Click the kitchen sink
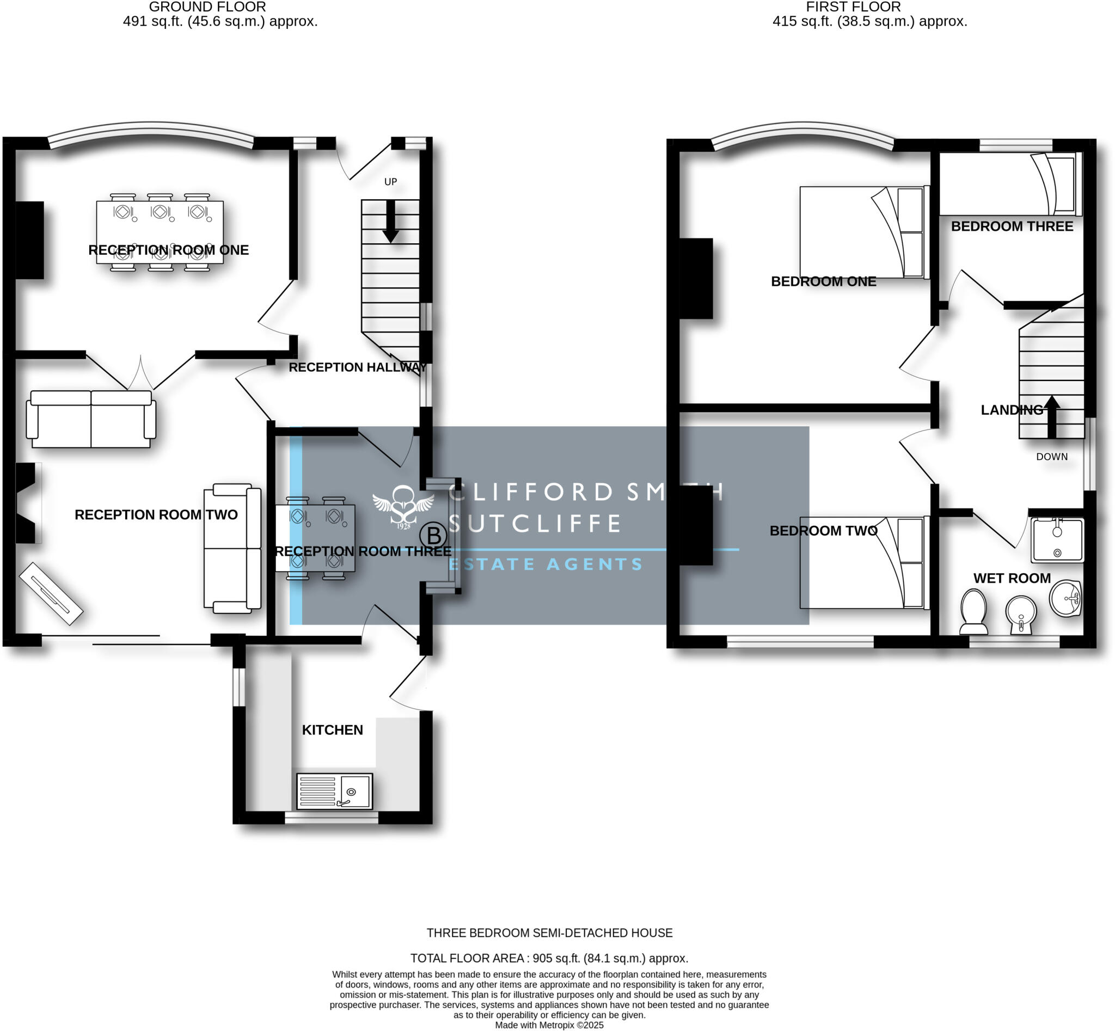334,790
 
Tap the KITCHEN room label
332,730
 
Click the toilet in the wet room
973,612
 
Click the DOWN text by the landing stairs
1051,456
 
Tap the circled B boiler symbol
433,536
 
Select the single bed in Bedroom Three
1010,184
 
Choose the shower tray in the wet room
1057,539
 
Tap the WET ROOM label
1012,578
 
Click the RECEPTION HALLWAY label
357,367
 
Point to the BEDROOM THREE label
1012,226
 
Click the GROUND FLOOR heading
207,7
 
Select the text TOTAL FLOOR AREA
467,958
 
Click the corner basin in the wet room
1066,598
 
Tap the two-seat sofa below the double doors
91,420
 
